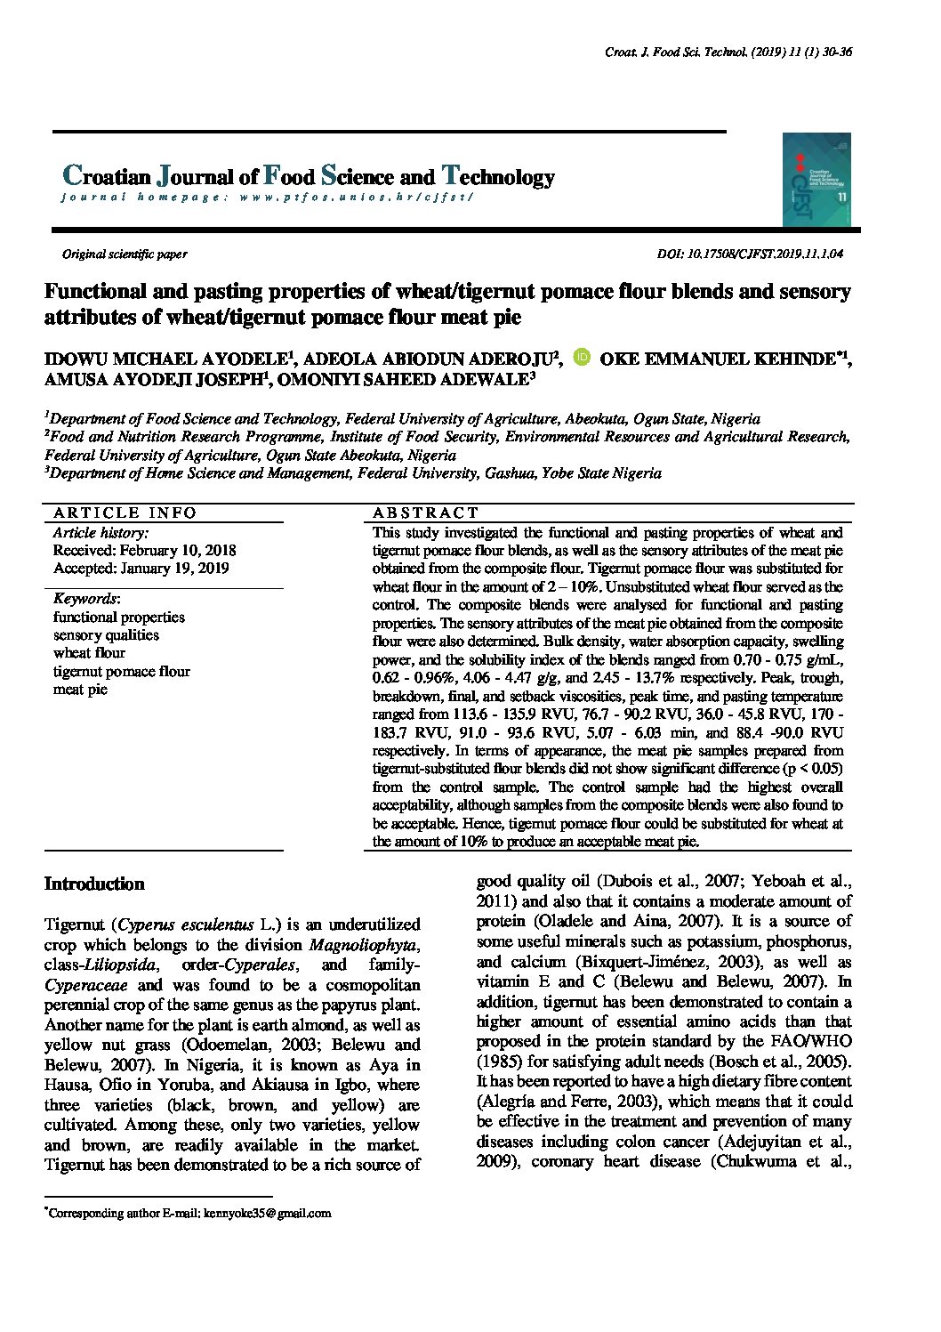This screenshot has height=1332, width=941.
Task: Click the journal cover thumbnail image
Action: click(816, 180)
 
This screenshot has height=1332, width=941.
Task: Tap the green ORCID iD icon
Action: click(583, 358)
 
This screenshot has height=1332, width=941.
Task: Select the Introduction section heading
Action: click(94, 884)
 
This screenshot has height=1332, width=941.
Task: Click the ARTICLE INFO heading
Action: click(125, 513)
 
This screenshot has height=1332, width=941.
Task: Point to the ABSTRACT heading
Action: click(425, 513)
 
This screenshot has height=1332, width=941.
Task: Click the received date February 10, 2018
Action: click(144, 551)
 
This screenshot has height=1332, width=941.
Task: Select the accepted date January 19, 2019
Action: click(141, 569)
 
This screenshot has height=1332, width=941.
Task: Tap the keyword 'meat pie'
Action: click(80, 690)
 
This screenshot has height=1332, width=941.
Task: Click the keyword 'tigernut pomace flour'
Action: click(121, 672)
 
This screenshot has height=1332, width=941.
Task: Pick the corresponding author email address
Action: click(267, 1213)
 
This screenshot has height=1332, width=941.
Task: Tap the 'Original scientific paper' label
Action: click(125, 254)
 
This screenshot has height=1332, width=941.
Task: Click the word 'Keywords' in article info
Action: click(85, 599)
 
